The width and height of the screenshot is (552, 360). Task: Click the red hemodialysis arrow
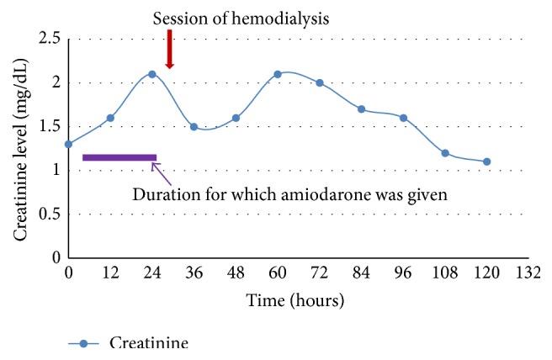pos(169,50)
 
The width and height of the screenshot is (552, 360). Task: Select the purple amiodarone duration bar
pos(119,157)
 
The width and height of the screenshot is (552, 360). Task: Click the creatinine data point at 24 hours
pos(152,74)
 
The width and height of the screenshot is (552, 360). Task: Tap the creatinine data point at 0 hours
pos(68,144)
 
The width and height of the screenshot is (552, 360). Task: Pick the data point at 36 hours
pos(194,126)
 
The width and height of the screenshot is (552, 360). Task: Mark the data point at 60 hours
pos(277,74)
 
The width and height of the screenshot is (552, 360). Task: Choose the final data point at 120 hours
pos(487,161)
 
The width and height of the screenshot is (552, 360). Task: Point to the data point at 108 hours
pos(445,153)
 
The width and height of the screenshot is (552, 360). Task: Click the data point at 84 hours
pos(361,109)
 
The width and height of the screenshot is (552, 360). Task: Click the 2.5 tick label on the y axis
pos(48,39)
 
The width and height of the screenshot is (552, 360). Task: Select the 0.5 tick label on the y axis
pos(48,214)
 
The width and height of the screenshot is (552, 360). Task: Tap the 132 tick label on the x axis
pos(528,273)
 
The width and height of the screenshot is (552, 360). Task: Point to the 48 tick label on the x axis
pos(236,273)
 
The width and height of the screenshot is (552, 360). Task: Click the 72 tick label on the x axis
pos(319,273)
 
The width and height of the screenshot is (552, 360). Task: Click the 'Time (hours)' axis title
pos(295,299)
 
